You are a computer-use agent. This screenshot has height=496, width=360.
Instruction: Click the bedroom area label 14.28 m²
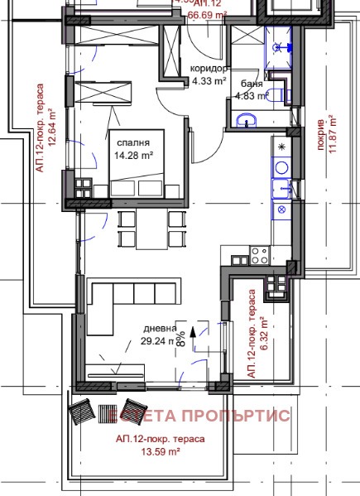[x=132, y=154]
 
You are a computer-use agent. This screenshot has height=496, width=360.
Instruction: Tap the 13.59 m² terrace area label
[x=161, y=452]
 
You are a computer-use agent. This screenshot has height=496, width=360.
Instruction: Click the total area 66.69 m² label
[x=209, y=14]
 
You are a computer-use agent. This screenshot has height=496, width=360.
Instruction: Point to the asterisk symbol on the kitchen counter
[x=281, y=147]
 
